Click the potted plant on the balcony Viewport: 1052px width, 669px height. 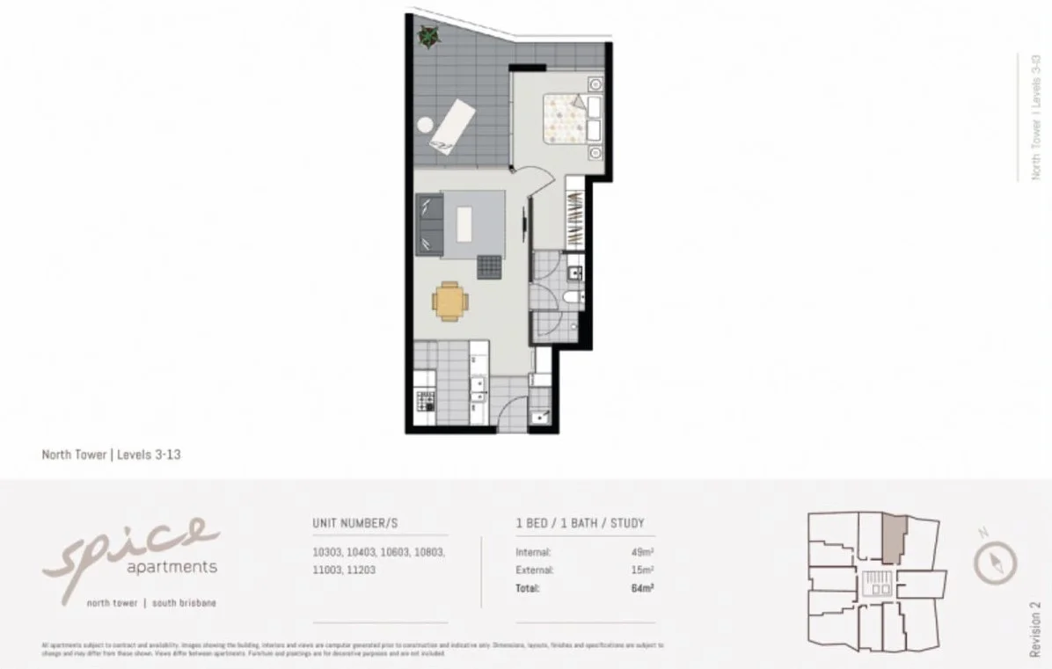428,36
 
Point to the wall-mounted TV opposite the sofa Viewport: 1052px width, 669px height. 528,220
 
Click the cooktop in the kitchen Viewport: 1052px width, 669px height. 426,403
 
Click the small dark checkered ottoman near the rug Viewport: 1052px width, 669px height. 489,265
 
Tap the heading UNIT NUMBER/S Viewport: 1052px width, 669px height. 355,523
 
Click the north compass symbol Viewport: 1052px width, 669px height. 995,561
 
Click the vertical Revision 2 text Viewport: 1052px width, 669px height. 1035,629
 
